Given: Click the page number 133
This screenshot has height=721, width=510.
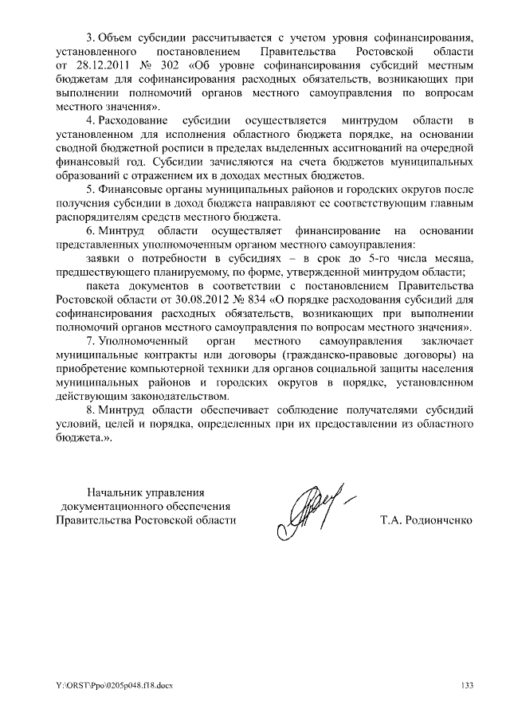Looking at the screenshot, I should [467, 685].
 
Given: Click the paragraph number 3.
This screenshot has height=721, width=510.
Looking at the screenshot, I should [88, 37].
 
